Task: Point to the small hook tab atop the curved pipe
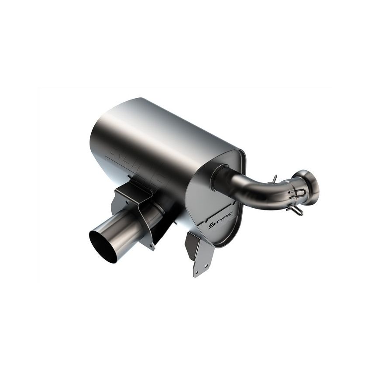coord(274,178)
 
